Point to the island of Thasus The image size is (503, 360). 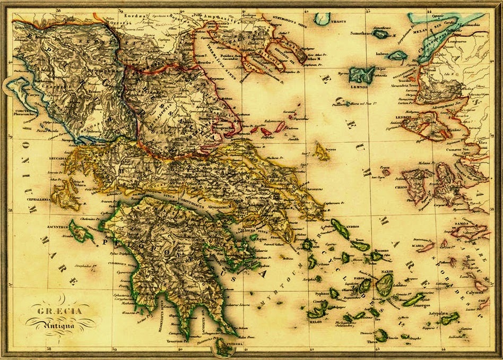322,19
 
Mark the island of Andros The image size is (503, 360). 340,229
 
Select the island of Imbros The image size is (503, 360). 397,55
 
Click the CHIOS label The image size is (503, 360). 410,193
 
